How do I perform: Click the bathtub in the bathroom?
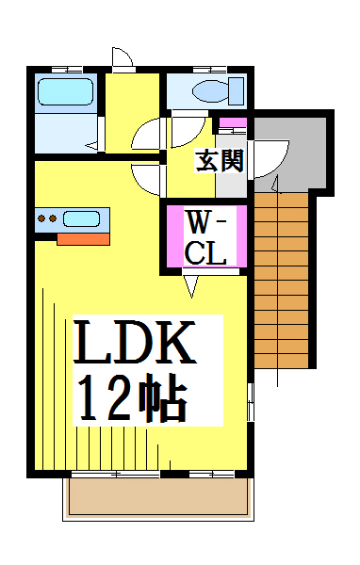pyautogui.click(x=66, y=92)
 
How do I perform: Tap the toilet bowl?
pyautogui.click(x=211, y=90)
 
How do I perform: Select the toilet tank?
pyautogui.click(x=237, y=90)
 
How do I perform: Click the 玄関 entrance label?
pyautogui.click(x=220, y=161)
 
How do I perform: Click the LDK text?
pyautogui.click(x=134, y=341)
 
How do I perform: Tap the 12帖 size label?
pyautogui.click(x=133, y=397)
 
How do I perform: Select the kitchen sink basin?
pyautogui.click(x=82, y=219)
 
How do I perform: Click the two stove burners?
pyautogui.click(x=47, y=218)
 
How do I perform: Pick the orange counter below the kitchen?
pyautogui.click(x=83, y=239)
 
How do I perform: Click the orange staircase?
pyautogui.click(x=282, y=280)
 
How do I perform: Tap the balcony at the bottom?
pyautogui.click(x=158, y=496)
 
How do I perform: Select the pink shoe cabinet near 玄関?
pyautogui.click(x=233, y=122)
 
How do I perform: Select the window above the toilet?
pyautogui.click(x=209, y=70)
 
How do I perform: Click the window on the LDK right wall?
pyautogui.click(x=251, y=402)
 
